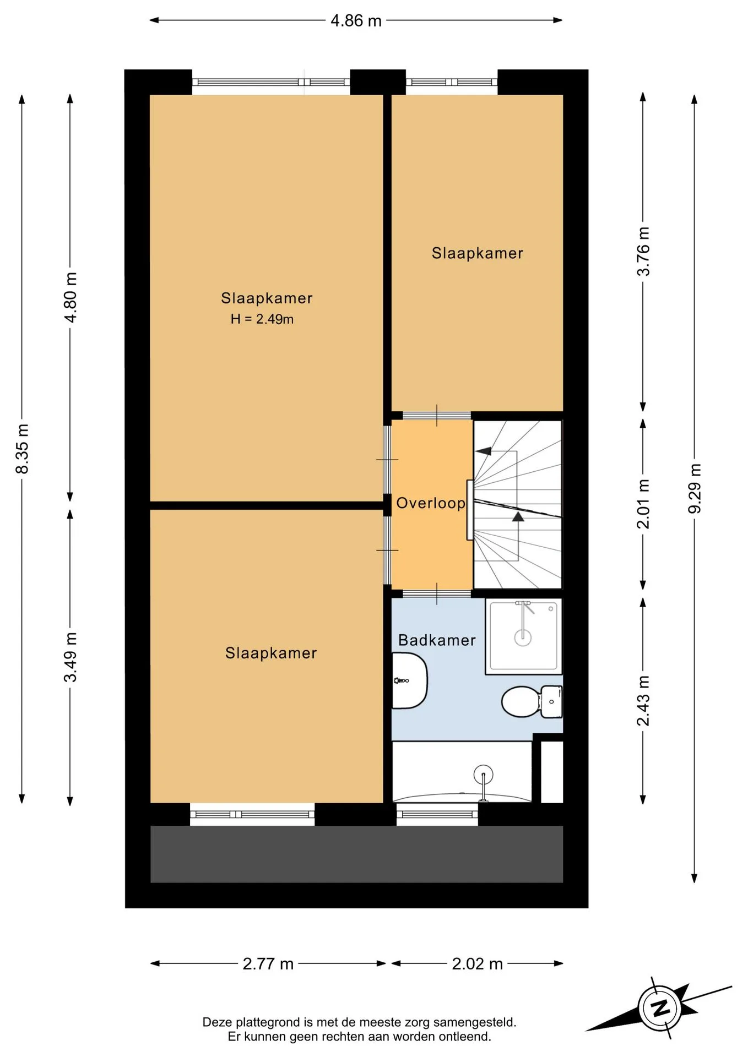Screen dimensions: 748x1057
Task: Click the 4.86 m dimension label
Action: pyautogui.click(x=356, y=20)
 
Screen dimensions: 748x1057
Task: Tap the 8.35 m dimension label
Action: pyautogui.click(x=22, y=449)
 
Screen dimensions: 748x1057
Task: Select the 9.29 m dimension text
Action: pyautogui.click(x=695, y=488)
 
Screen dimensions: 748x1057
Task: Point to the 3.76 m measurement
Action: pyautogui.click(x=643, y=251)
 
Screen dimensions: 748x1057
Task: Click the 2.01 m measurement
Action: pyautogui.click(x=643, y=504)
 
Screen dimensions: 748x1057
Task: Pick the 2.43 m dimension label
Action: pyautogui.click(x=643, y=701)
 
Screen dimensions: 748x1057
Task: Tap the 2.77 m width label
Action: pyautogui.click(x=268, y=964)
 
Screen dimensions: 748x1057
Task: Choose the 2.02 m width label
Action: pyautogui.click(x=478, y=964)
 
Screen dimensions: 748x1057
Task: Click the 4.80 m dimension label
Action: pyautogui.click(x=70, y=297)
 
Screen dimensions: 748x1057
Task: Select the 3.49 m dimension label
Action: pyautogui.click(x=70, y=657)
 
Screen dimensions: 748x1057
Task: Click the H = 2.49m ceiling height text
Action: pyautogui.click(x=262, y=319)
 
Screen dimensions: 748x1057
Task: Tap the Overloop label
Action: pyautogui.click(x=431, y=503)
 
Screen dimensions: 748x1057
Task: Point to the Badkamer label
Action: pyautogui.click(x=437, y=640)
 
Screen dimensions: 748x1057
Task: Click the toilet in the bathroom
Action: pyautogui.click(x=532, y=701)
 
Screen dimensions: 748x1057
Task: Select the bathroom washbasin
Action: pyautogui.click(x=410, y=680)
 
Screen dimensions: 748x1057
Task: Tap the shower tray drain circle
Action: pyautogui.click(x=523, y=638)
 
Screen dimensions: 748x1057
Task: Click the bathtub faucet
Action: pyautogui.click(x=483, y=781)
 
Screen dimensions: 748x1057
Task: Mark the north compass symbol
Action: pyautogui.click(x=660, y=1008)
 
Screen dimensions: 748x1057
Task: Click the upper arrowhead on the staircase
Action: pyautogui.click(x=483, y=451)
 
